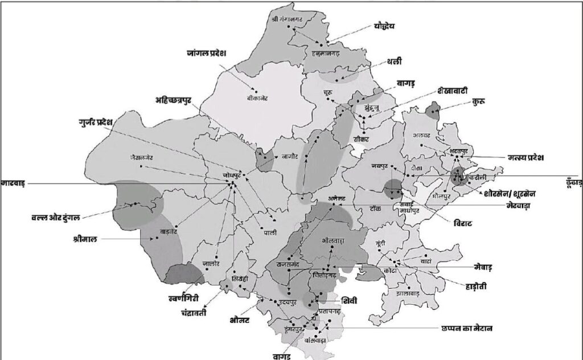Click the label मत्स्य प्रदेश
point(527,157)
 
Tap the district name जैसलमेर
point(142,157)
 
